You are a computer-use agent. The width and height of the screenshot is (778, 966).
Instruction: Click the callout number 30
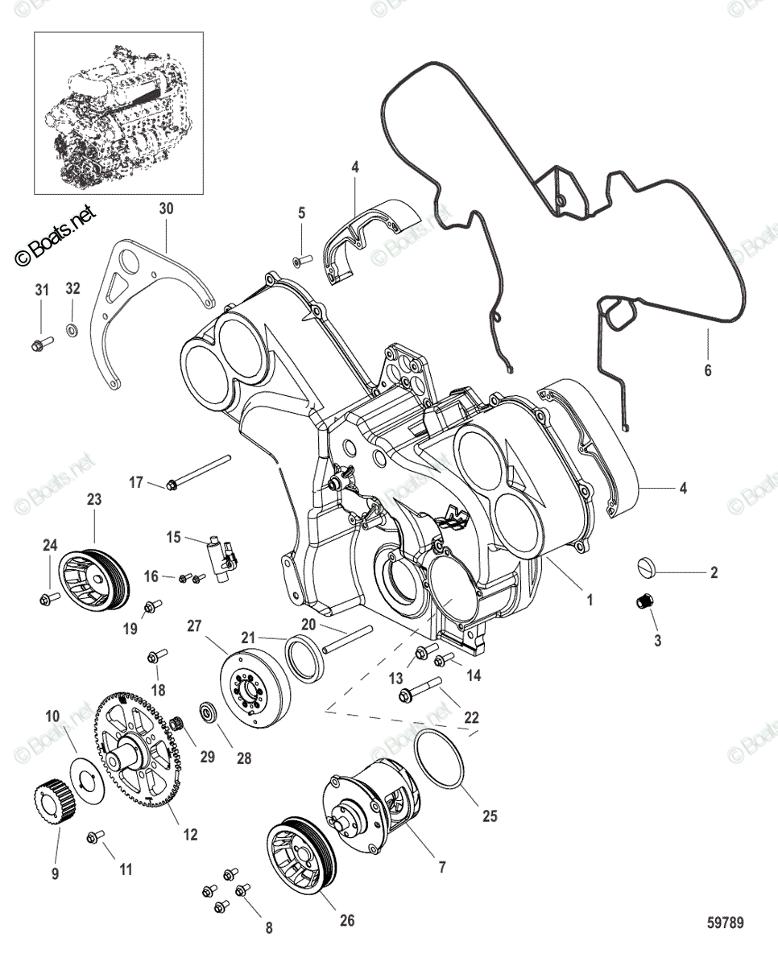(x=166, y=208)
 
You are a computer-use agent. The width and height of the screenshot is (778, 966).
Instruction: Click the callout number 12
(x=190, y=836)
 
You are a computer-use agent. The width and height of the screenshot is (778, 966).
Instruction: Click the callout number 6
(x=708, y=370)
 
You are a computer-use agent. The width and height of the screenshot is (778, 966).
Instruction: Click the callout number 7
(x=441, y=867)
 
